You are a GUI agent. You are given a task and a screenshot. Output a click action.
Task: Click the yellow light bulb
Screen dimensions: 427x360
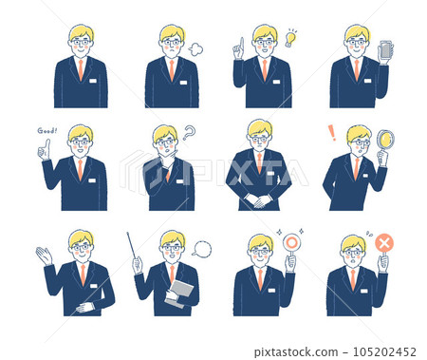coord(290,39)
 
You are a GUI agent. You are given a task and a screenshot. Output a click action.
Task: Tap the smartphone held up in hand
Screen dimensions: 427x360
coord(385,49)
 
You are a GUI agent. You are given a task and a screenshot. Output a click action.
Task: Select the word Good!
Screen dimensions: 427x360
coord(47,130)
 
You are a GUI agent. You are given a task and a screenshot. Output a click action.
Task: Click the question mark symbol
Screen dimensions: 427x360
coord(189,133)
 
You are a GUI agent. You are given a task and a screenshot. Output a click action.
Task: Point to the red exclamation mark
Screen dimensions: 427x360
coord(332,133)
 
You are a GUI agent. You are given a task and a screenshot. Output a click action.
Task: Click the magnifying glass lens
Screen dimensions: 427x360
coord(386,139)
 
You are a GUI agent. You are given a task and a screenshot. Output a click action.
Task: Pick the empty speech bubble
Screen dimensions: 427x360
coord(202,249)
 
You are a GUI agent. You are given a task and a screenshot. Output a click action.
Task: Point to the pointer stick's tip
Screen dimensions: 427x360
coord(127,234)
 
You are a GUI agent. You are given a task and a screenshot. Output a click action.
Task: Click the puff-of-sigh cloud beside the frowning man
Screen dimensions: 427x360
coord(195,49)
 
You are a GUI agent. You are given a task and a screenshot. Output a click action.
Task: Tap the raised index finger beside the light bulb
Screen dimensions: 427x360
coord(242,43)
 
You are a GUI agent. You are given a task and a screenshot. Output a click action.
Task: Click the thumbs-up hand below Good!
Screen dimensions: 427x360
coord(45,150)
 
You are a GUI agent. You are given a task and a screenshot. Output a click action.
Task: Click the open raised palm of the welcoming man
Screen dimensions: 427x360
coord(44,256)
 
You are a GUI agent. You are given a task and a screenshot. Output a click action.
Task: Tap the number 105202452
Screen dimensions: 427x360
coord(384,351)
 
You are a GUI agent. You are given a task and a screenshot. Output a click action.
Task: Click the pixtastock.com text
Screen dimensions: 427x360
coord(296,352)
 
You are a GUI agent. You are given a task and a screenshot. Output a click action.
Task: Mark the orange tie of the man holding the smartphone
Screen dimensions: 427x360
coord(357,70)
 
